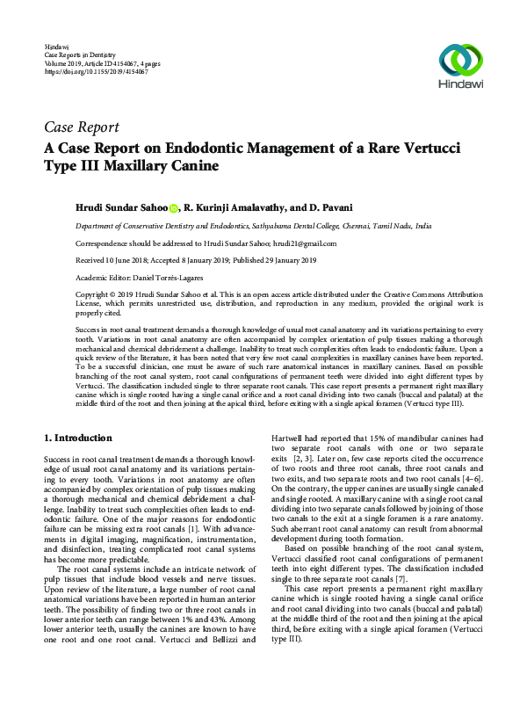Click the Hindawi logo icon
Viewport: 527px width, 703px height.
462,59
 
